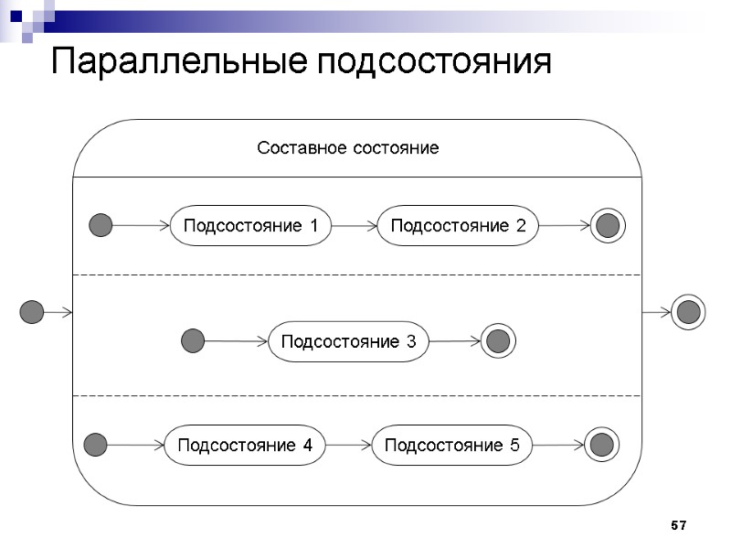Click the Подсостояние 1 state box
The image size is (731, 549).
pyautogui.click(x=251, y=226)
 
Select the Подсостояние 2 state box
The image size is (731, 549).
pyautogui.click(x=458, y=226)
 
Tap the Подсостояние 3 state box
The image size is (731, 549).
pyautogui.click(x=348, y=342)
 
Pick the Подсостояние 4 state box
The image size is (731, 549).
pyautogui.click(x=245, y=446)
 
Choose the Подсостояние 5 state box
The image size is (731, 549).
pyautogui.click(x=452, y=446)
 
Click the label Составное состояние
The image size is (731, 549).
pyautogui.click(x=347, y=148)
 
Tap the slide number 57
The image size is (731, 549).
pyautogui.click(x=678, y=525)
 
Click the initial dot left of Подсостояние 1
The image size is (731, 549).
pyautogui.click(x=101, y=225)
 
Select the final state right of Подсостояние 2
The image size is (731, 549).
pyautogui.click(x=607, y=225)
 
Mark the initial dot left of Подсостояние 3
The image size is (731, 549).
pyautogui.click(x=193, y=341)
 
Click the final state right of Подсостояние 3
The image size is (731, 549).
pyautogui.click(x=497, y=342)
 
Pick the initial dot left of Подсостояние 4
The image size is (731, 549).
pyautogui.click(x=95, y=446)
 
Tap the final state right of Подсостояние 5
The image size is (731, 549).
pyautogui.click(x=600, y=446)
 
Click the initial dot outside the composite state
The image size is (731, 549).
pyautogui.click(x=32, y=312)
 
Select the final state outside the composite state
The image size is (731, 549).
pyautogui.click(x=688, y=312)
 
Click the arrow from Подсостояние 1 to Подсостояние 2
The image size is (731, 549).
pyautogui.click(x=355, y=226)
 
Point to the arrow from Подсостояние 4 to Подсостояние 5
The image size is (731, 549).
pyautogui.click(x=349, y=446)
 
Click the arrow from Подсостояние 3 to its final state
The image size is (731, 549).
pyautogui.click(x=455, y=342)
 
